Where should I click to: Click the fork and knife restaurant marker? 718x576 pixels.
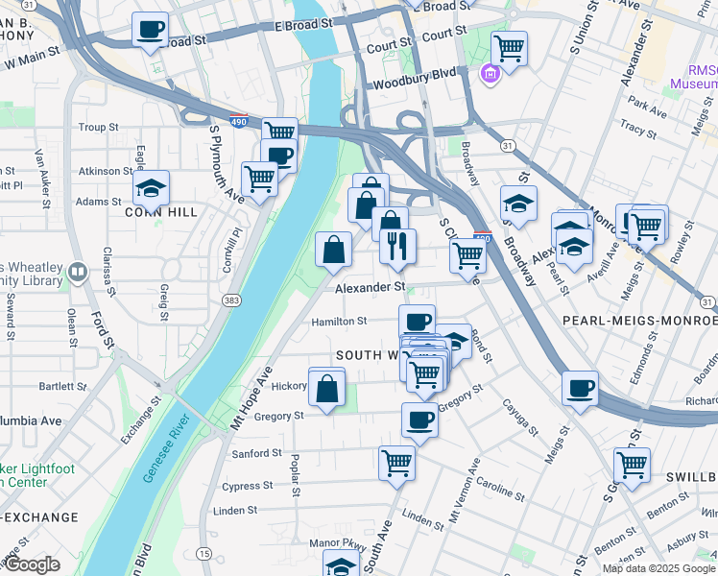click(395, 247)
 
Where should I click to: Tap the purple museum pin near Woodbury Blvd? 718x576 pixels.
click(491, 74)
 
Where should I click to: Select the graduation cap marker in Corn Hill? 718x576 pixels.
click(151, 186)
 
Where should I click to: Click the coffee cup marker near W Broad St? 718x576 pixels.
click(150, 30)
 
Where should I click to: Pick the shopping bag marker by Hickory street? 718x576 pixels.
click(326, 389)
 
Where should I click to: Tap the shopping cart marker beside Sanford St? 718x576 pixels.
click(396, 464)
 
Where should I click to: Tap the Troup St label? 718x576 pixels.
click(98, 127)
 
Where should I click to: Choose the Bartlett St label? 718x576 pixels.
click(63, 386)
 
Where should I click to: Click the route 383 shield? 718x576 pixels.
click(230, 300)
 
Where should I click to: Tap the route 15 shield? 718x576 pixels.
click(203, 553)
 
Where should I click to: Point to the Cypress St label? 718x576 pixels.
click(248, 486)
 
